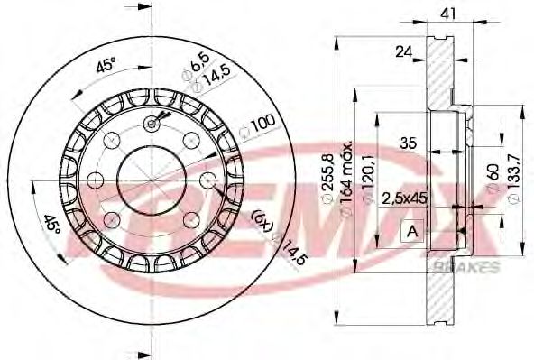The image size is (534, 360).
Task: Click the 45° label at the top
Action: (x=106, y=65)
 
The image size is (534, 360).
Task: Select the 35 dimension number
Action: (x=408, y=142)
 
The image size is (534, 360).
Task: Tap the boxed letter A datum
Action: (x=413, y=231)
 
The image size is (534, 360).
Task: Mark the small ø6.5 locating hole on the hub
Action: (x=150, y=125)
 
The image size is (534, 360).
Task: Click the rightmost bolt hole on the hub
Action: (x=204, y=180)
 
